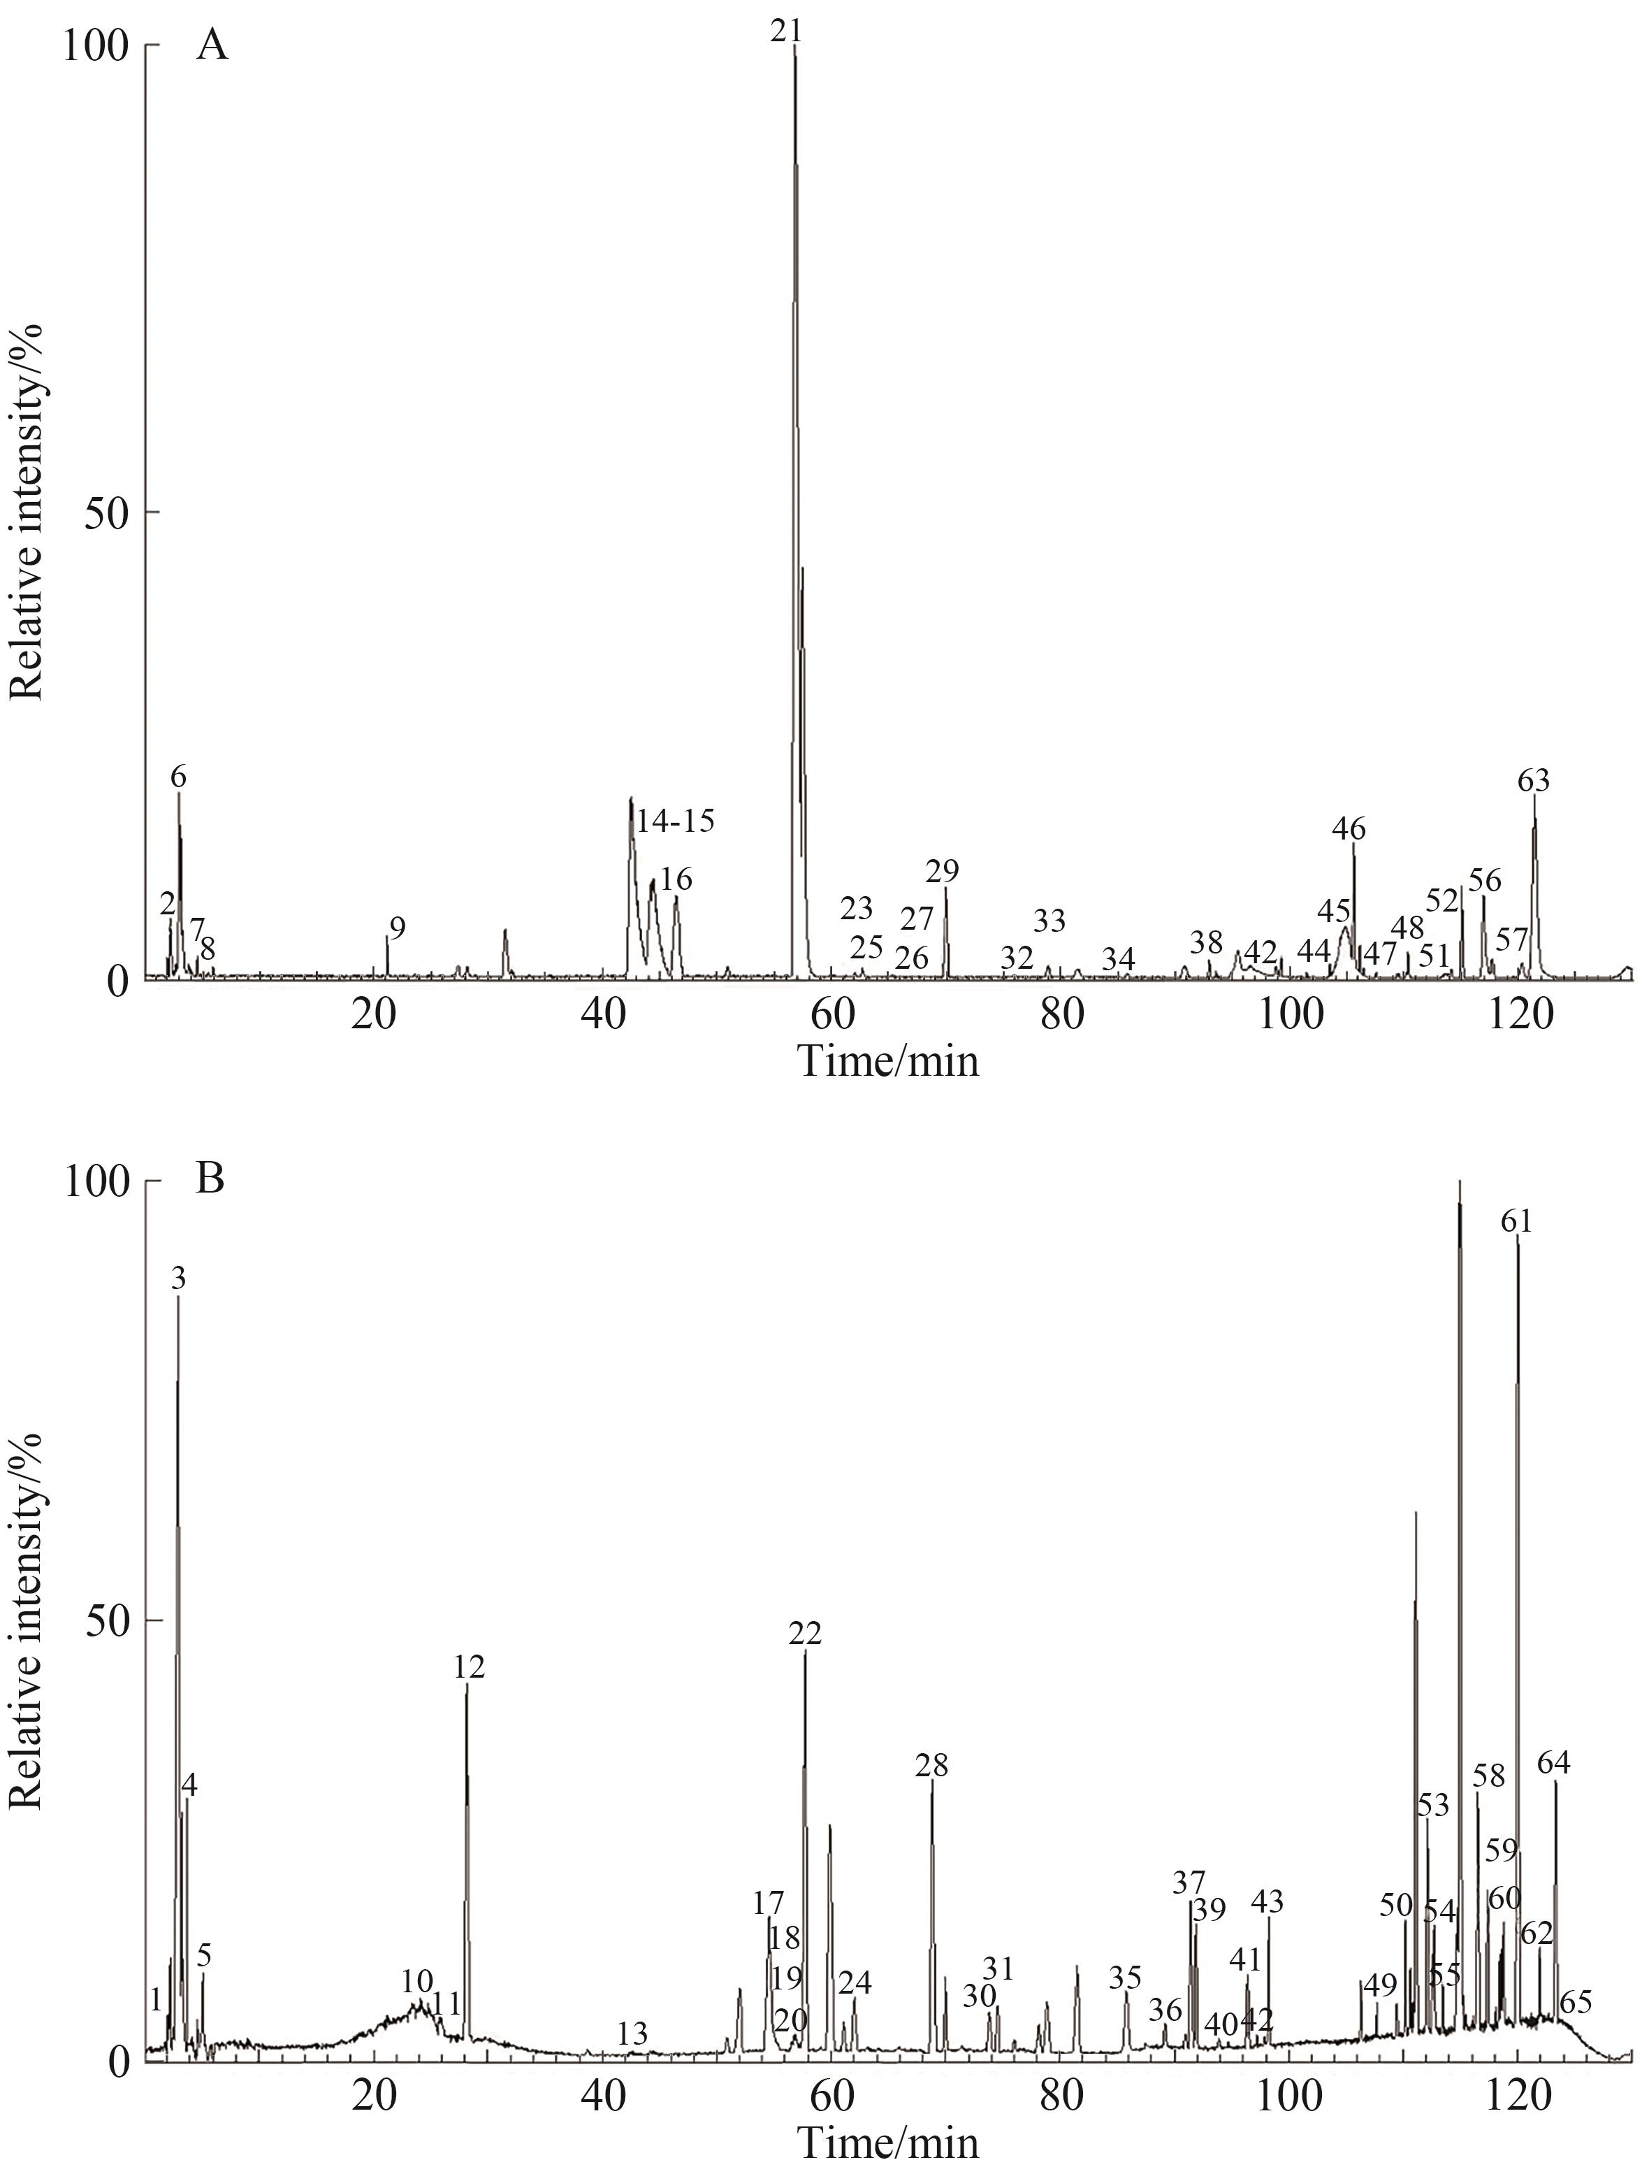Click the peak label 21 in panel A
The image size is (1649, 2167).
coord(785,31)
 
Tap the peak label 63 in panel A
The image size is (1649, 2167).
coord(1533,782)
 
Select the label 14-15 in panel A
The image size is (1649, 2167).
coord(675,821)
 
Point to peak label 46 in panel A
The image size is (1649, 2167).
coord(1349,829)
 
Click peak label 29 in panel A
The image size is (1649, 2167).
coord(943,871)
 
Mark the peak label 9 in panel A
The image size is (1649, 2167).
coord(397,927)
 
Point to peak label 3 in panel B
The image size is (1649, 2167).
coord(177,1279)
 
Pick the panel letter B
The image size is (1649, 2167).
coord(211,1179)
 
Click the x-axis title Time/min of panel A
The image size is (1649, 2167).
coord(888,1061)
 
